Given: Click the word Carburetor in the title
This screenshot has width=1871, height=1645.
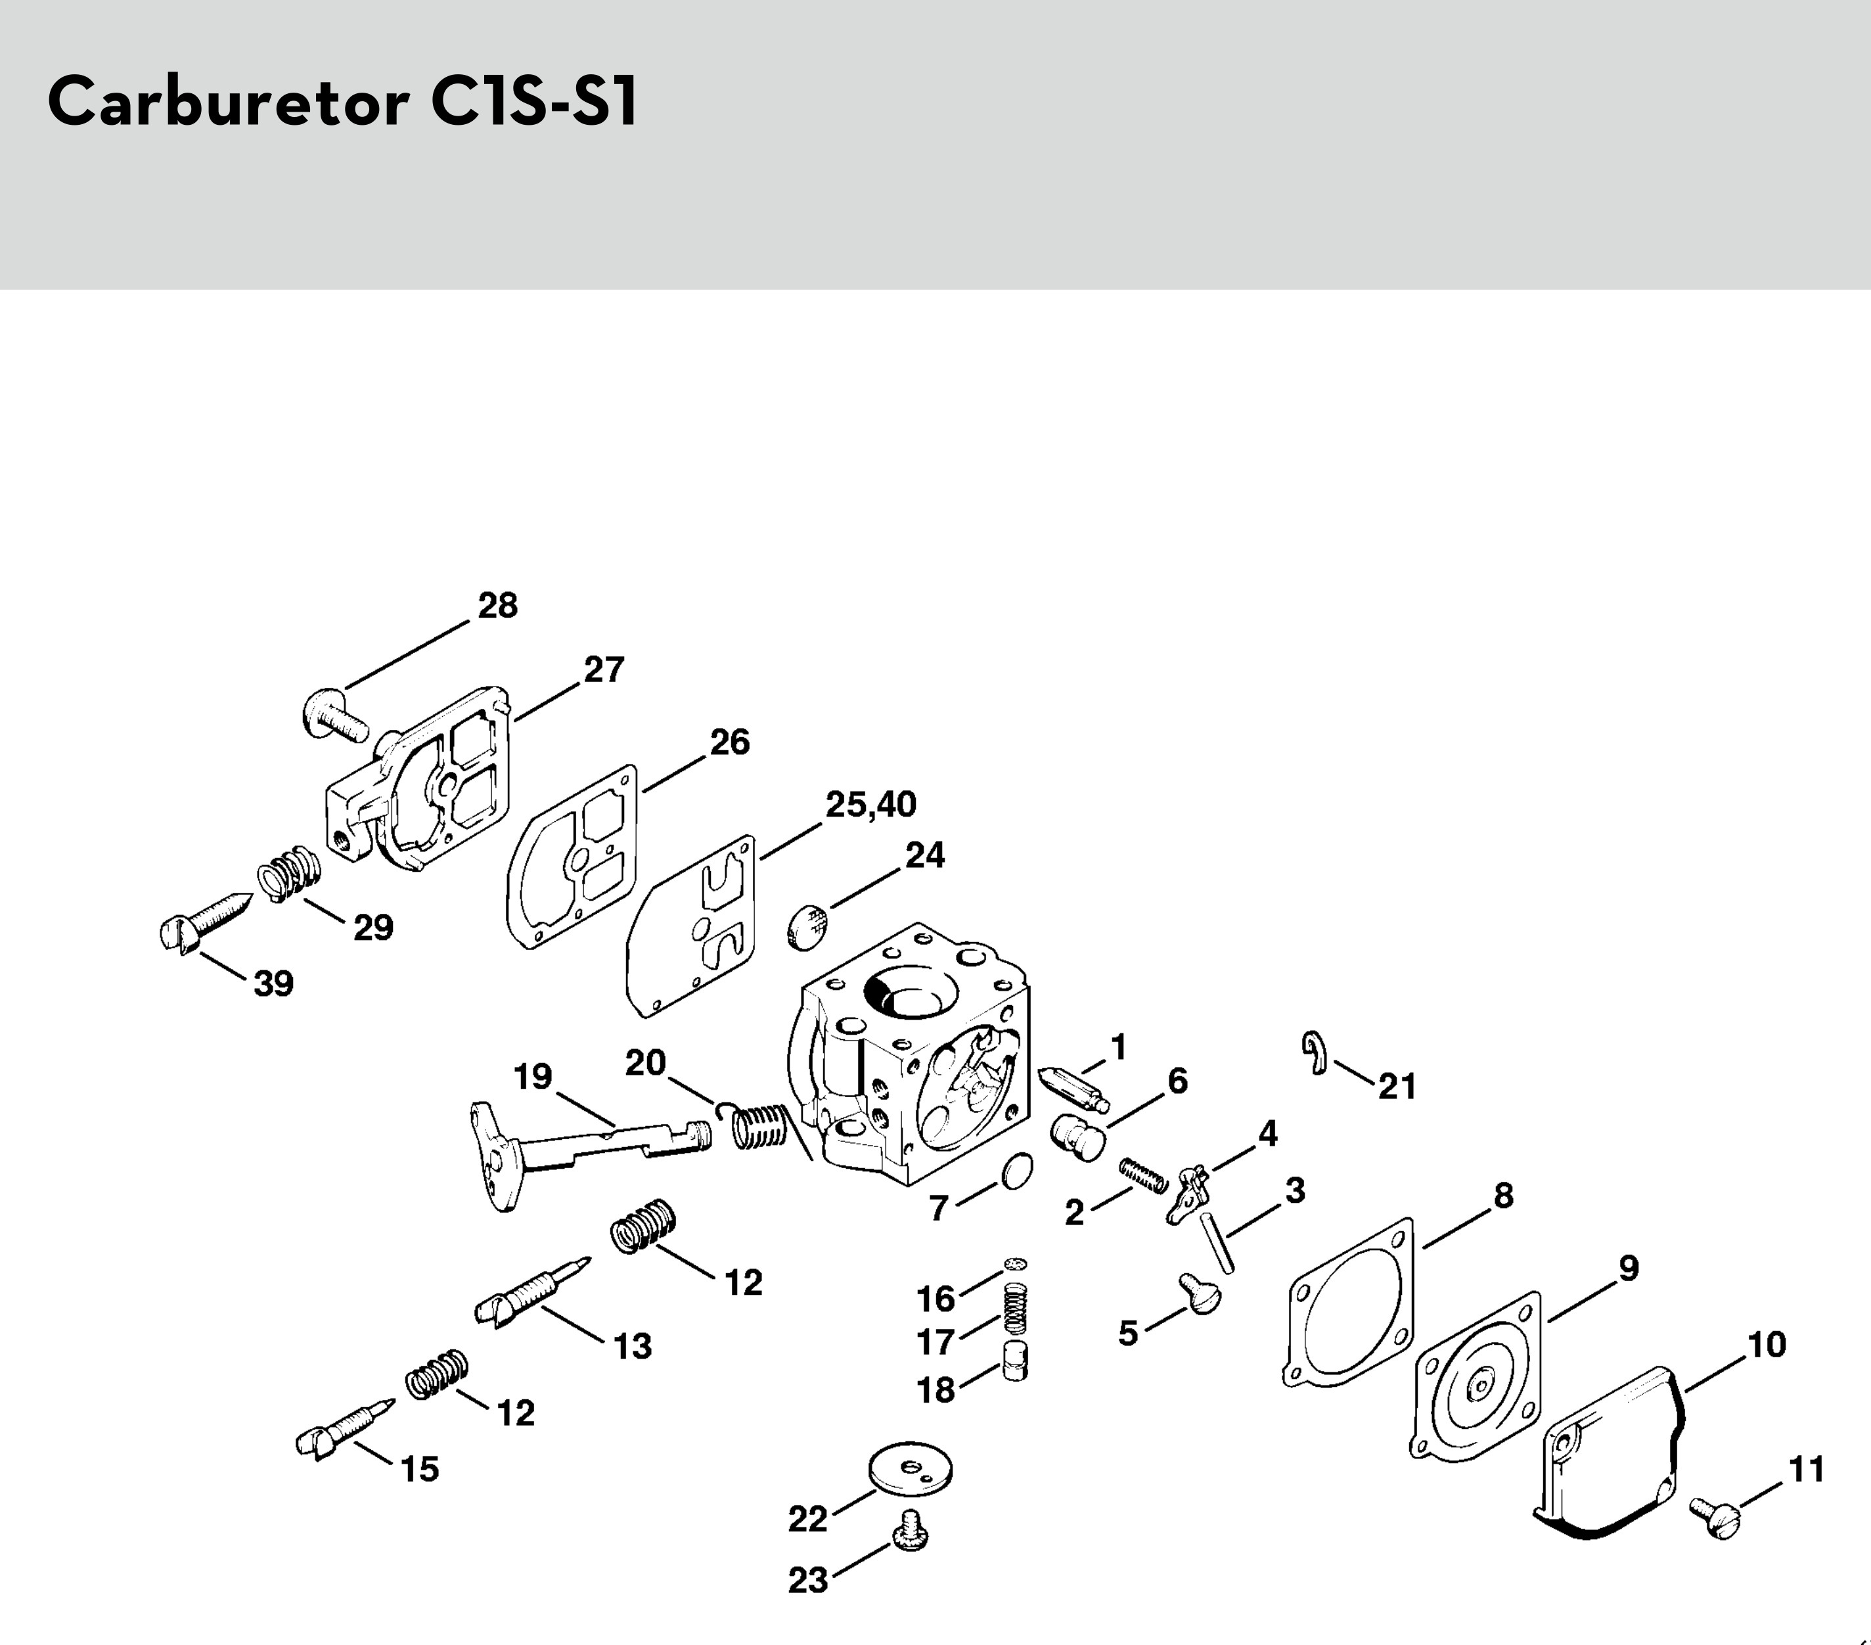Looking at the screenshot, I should [228, 102].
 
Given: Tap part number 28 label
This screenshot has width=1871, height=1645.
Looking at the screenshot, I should [498, 605].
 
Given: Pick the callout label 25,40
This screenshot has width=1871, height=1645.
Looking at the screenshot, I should [870, 805].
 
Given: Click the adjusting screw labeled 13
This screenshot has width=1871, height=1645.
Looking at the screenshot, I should [531, 1292].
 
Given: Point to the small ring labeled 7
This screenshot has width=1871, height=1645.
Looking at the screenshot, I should [1017, 1171].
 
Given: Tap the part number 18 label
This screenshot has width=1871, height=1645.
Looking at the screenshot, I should [936, 1391].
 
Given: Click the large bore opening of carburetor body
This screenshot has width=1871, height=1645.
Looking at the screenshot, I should [911, 994].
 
